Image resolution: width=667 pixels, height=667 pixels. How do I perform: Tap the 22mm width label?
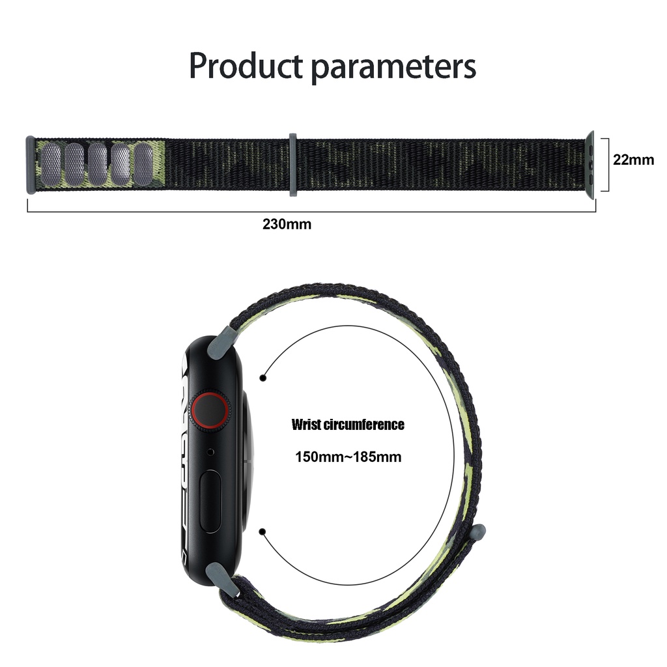coord(633,159)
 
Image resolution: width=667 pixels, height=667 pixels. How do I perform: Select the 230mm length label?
coord(287,225)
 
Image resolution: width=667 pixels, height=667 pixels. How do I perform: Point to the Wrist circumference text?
coord(348,425)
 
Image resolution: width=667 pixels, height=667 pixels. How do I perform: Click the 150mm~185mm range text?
coord(348,457)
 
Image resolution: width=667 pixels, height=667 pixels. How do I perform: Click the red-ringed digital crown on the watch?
coord(210,411)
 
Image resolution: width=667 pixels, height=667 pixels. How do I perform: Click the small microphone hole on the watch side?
coord(210,451)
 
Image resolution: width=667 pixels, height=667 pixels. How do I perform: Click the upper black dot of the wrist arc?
coord(263,377)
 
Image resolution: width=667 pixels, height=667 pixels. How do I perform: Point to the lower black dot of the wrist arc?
coord(263,532)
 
